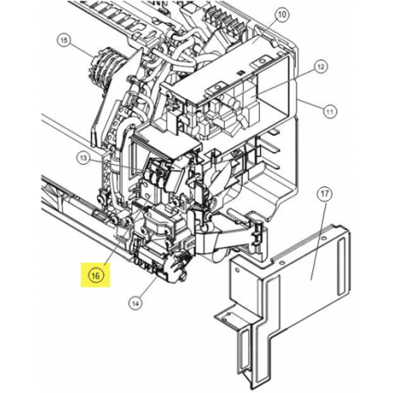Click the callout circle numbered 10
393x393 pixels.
point(281,15)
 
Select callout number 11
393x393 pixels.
point(330,112)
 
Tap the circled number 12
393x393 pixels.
point(321,67)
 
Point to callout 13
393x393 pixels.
point(83,158)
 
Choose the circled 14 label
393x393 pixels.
point(136,303)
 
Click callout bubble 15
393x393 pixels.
point(63,40)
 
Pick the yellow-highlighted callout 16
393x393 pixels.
point(95,275)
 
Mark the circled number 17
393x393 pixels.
point(324,194)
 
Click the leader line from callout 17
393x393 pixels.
point(318,240)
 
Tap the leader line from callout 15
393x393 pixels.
point(82,51)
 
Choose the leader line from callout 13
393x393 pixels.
point(117,166)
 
